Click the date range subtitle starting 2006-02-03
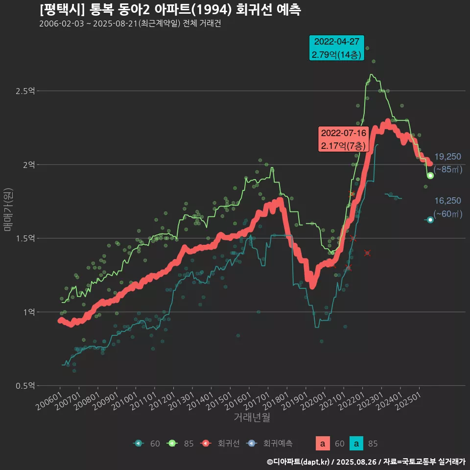(x=130, y=24)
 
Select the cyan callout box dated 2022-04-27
(x=337, y=48)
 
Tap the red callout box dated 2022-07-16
(x=343, y=139)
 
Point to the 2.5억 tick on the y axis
(x=26, y=91)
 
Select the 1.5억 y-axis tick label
(x=26, y=238)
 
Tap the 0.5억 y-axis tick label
(x=26, y=386)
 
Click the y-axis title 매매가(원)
(x=8, y=210)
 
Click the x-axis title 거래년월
(x=252, y=417)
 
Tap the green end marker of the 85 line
(x=430, y=175)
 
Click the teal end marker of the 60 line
(x=430, y=220)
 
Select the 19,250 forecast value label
(x=447, y=157)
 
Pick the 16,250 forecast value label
(x=447, y=201)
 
